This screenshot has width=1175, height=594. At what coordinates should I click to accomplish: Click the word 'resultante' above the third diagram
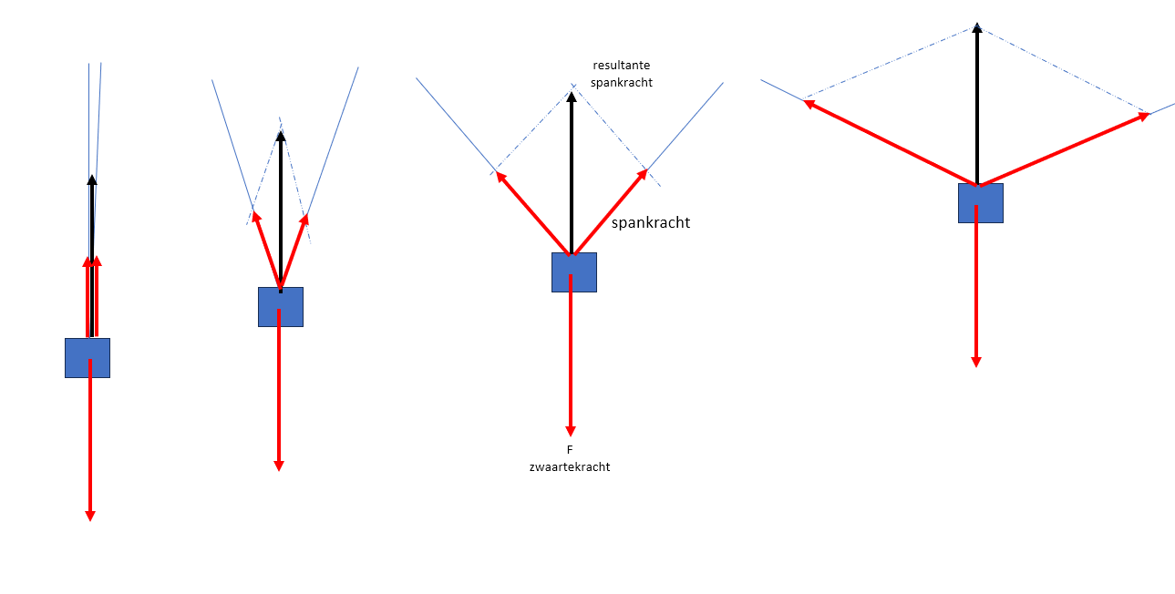[x=622, y=66]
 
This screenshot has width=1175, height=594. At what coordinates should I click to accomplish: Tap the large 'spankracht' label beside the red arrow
[x=651, y=222]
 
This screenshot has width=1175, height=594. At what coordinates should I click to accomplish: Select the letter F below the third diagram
[x=571, y=449]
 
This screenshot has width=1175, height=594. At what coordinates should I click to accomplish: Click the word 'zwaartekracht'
[x=570, y=466]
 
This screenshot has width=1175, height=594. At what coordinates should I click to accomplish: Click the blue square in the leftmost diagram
[x=88, y=358]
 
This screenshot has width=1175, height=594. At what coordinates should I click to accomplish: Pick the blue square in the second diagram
[x=281, y=307]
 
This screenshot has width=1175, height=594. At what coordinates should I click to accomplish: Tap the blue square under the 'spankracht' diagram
[x=574, y=272]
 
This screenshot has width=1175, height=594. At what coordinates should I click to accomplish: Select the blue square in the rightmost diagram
[x=981, y=203]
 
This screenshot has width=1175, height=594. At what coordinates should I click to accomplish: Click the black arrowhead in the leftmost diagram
[x=91, y=180]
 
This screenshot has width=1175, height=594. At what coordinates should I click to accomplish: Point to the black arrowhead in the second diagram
[x=281, y=137]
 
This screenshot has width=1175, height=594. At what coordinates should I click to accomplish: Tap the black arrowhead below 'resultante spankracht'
[x=572, y=97]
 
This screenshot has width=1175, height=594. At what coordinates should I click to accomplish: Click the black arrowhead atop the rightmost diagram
[x=977, y=28]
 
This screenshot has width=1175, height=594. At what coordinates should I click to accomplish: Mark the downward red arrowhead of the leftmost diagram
[x=89, y=515]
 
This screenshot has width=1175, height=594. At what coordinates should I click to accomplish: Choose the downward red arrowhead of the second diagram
[x=279, y=466]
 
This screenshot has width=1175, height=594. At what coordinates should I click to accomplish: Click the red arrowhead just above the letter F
[x=571, y=430]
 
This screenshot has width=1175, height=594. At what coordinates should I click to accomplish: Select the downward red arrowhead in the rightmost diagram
[x=976, y=361]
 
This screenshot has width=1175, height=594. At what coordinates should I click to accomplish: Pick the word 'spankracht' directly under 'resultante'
[x=622, y=82]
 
